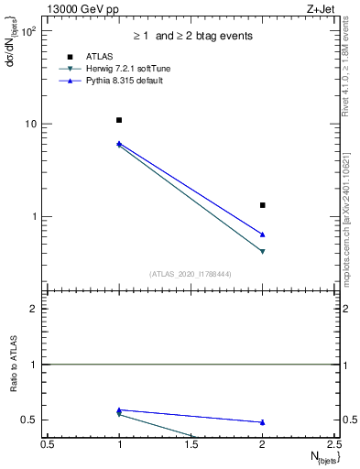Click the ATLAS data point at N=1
click(x=119, y=120)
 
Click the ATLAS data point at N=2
click(x=263, y=205)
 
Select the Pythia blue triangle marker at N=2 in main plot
click(x=263, y=234)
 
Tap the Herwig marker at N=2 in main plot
click(x=263, y=251)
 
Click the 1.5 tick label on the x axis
click(x=191, y=444)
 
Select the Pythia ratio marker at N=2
click(x=263, y=422)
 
